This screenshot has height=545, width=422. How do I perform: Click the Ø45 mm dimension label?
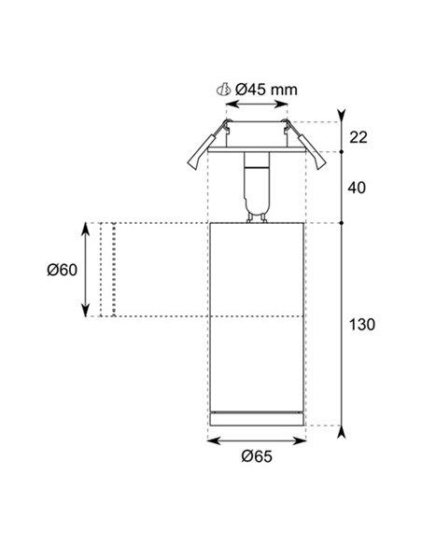[x=266, y=90]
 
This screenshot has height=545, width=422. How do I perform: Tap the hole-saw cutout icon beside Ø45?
[x=223, y=90]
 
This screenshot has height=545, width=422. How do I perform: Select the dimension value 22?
[x=358, y=137]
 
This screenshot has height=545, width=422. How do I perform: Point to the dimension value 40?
[x=357, y=188]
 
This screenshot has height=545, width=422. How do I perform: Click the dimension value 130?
[x=362, y=325]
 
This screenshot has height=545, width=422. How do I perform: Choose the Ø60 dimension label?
[x=63, y=270]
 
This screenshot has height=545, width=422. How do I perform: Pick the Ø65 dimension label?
[x=257, y=456]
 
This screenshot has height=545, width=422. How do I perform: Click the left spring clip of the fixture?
[x=207, y=146]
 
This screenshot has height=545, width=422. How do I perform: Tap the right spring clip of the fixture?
[x=306, y=146]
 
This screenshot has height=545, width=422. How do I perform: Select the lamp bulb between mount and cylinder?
[x=257, y=187]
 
